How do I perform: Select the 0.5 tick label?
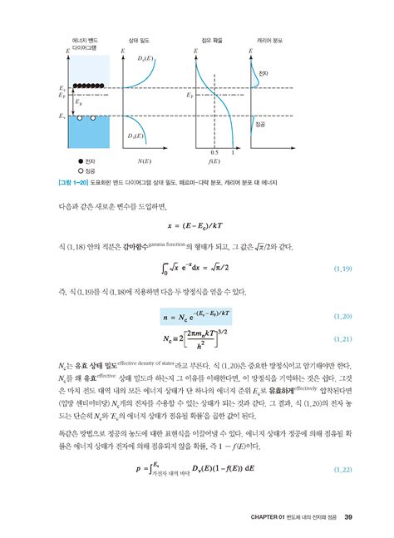[x=214, y=152]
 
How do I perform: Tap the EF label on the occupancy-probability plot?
[x=188, y=96]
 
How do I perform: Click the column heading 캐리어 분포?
[x=270, y=39]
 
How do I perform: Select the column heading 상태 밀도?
[x=138, y=39]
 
